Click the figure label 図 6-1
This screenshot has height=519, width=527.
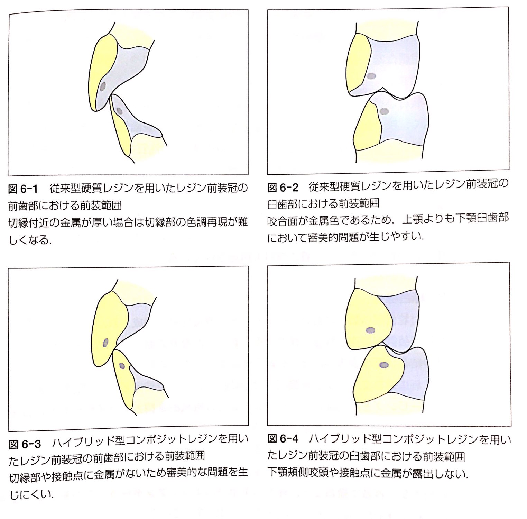[22, 190]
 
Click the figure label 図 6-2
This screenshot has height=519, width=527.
[283, 188]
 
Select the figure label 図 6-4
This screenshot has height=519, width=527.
[283, 439]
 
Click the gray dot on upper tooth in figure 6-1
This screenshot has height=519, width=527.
[103, 87]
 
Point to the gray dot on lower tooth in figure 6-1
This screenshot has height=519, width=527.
[120, 111]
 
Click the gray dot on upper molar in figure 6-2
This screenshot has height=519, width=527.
[371, 76]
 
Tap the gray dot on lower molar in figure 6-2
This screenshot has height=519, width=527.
[384, 111]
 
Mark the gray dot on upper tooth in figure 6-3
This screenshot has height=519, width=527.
[106, 343]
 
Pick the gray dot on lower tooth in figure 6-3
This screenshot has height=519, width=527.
[122, 366]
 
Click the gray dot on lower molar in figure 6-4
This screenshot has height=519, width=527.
[384, 365]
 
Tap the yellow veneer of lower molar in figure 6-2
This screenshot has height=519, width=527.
[367, 128]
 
